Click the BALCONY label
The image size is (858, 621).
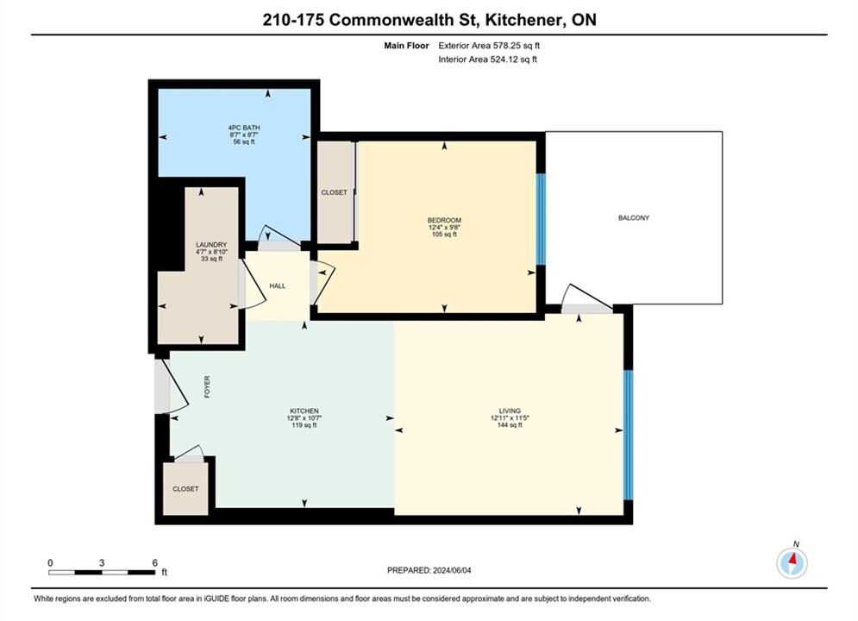[x=634, y=217]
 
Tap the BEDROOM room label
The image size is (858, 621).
[x=444, y=221]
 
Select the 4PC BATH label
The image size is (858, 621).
[x=244, y=128]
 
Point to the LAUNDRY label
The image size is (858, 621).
[x=212, y=245]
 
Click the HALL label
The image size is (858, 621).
[x=278, y=286]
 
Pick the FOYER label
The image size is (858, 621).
[x=208, y=386]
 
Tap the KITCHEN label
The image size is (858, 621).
[x=304, y=411]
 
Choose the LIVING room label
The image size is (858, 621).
[x=510, y=411]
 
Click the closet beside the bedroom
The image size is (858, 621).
[x=335, y=192]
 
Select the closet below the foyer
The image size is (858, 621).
[x=185, y=488]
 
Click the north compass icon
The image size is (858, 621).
[x=792, y=562]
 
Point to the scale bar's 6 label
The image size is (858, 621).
[x=155, y=563]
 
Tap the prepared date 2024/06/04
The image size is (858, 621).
[x=452, y=571]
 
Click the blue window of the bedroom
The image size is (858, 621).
[x=541, y=219]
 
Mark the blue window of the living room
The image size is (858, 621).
[x=628, y=435]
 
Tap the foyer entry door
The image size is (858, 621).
[x=172, y=386]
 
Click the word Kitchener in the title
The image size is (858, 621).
[x=523, y=20]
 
